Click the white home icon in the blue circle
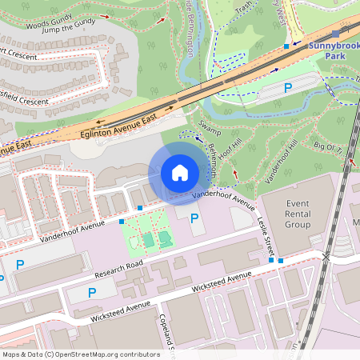coord(180,173)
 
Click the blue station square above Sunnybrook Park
coord(334,34)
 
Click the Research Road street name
coord(118,269)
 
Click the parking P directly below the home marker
coord(194,218)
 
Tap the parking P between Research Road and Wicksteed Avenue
coord(92,294)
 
